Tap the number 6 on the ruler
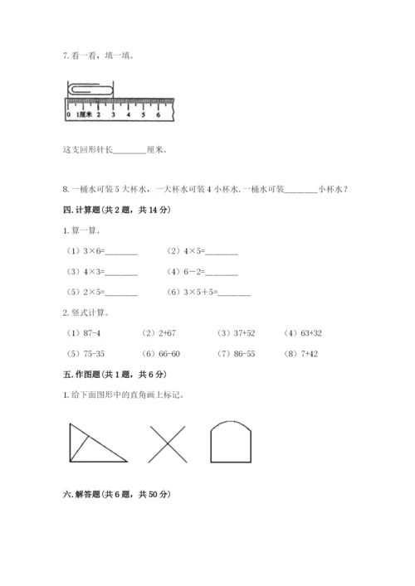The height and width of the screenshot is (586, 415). point(157,114)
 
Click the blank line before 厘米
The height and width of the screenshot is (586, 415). point(127,150)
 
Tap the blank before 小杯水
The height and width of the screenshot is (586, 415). point(300,189)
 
